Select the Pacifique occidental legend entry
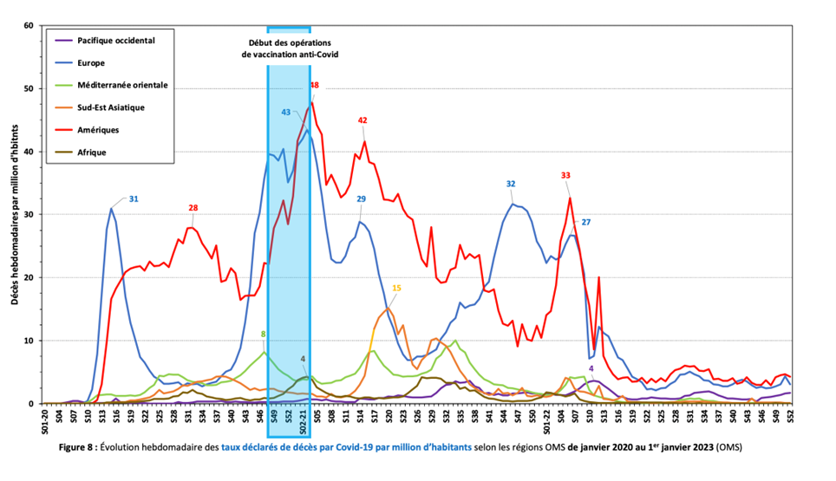pos(115,40)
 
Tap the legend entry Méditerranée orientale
pos(122,85)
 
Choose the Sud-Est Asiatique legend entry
pos(111,107)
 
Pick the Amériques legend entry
pos(97,130)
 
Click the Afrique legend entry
pos(92,153)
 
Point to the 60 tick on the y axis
pos(27,26)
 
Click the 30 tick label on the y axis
pos(27,215)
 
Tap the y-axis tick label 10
pos(27,341)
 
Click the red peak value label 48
pos(314,85)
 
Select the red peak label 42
pos(362,120)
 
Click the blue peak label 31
pos(134,198)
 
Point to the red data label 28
pos(193,208)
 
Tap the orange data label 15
pos(396,288)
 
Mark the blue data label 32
pos(511,184)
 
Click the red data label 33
pos(565,175)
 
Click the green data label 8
pos(263,334)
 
